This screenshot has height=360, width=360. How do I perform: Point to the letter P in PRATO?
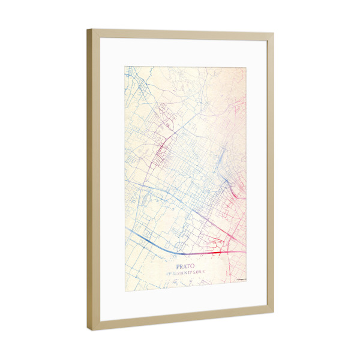(x=178, y=264)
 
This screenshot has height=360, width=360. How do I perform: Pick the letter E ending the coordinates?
(x=203, y=272)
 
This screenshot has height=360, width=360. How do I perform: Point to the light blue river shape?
(x=221, y=159)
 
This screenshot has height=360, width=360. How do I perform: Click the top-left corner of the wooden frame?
(x=88, y=29)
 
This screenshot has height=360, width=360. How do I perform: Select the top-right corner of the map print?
(x=247, y=68)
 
